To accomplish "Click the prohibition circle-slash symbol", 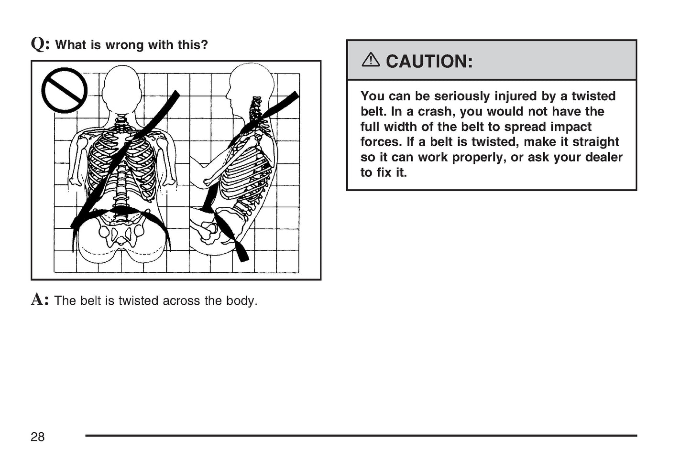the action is (x=65, y=90).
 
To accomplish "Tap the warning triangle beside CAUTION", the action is (x=371, y=60).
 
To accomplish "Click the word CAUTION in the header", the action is (x=429, y=61).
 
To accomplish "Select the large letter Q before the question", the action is (x=38, y=44).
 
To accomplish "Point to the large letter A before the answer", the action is (x=38, y=299).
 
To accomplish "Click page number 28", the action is (x=38, y=437).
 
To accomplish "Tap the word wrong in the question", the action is (x=125, y=45).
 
